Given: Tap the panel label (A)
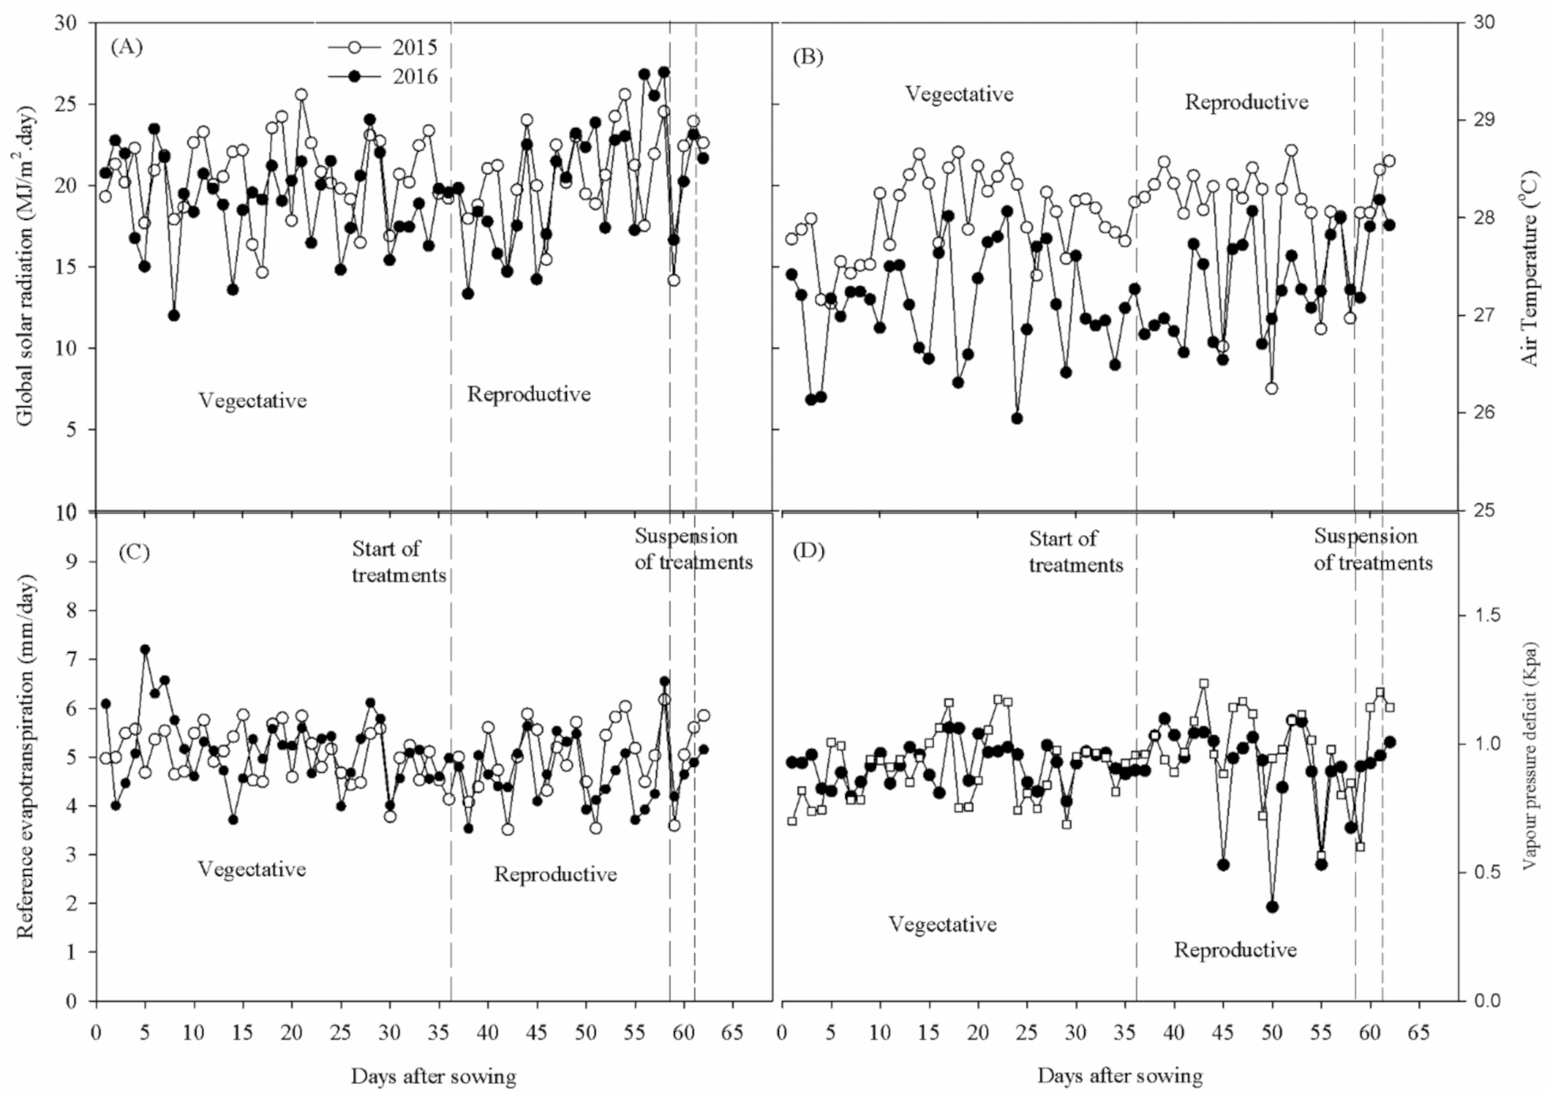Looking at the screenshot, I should [x=127, y=46].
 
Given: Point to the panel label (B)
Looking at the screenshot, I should [x=808, y=57].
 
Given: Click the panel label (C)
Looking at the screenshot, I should [x=134, y=551].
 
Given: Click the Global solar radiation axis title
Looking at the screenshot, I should [x=26, y=266].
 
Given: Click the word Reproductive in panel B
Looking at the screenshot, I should [x=1247, y=102].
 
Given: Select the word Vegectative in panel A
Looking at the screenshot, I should [x=252, y=401].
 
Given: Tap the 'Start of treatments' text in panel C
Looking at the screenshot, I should [x=398, y=562].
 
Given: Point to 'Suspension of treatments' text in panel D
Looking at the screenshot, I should [x=1372, y=550].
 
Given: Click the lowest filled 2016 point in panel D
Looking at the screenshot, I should [x=1272, y=907].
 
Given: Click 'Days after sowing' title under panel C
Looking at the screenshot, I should [x=433, y=1076].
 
